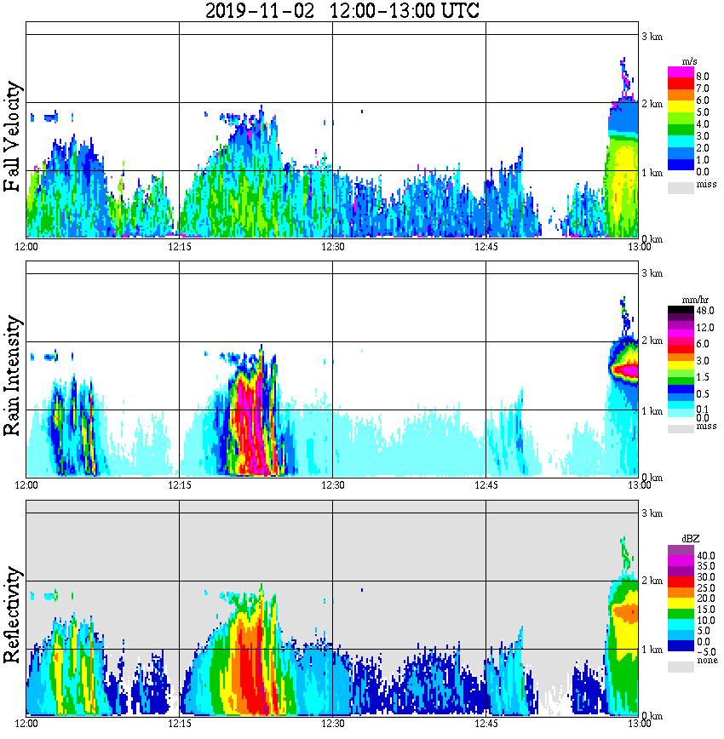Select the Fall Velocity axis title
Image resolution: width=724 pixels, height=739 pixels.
click(13, 137)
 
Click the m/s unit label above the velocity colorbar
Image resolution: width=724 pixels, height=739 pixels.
click(691, 62)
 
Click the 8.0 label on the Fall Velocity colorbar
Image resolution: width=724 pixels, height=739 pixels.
click(703, 76)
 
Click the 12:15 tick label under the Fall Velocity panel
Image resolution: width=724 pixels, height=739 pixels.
click(179, 246)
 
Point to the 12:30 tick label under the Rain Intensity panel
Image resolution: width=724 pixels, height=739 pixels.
click(332, 485)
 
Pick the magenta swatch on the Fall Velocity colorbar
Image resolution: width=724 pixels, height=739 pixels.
click(681, 72)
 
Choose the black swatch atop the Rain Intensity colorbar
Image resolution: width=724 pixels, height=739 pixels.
click(681, 311)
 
